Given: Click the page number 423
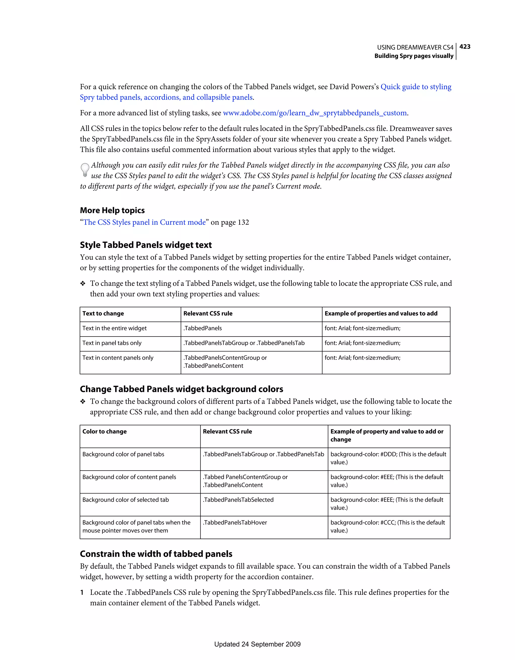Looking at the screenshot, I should pyautogui.click(x=465, y=47).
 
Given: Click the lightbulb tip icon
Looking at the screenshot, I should pyautogui.click(x=85, y=170).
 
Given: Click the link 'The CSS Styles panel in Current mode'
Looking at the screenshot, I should pyautogui.click(x=145, y=222).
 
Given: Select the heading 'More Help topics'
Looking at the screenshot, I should pyautogui.click(x=112, y=210).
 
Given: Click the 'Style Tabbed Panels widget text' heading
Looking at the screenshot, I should pyautogui.click(x=146, y=245).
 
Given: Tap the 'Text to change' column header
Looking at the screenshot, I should pyautogui.click(x=103, y=313).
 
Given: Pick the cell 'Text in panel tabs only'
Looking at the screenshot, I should pyautogui.click(x=112, y=343).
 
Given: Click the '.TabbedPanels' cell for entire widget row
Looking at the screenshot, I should pyautogui.click(x=203, y=328).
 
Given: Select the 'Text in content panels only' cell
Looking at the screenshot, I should pyautogui.click(x=118, y=358).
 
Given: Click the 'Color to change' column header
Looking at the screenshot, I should pyautogui.click(x=104, y=432).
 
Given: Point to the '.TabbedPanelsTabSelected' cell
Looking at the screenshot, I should pyautogui.click(x=238, y=500).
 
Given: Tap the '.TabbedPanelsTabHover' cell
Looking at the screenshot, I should pyautogui.click(x=235, y=522).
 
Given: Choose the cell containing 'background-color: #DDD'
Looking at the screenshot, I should pyautogui.click(x=388, y=458).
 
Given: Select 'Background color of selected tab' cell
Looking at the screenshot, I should pyautogui.click(x=125, y=500).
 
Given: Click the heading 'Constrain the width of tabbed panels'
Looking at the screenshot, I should pyautogui.click(x=156, y=554).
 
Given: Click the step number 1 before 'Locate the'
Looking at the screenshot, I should pyautogui.click(x=82, y=592).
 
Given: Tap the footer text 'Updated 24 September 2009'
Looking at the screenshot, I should pyautogui.click(x=257, y=644).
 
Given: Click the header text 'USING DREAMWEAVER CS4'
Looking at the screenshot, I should pyautogui.click(x=415, y=47).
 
